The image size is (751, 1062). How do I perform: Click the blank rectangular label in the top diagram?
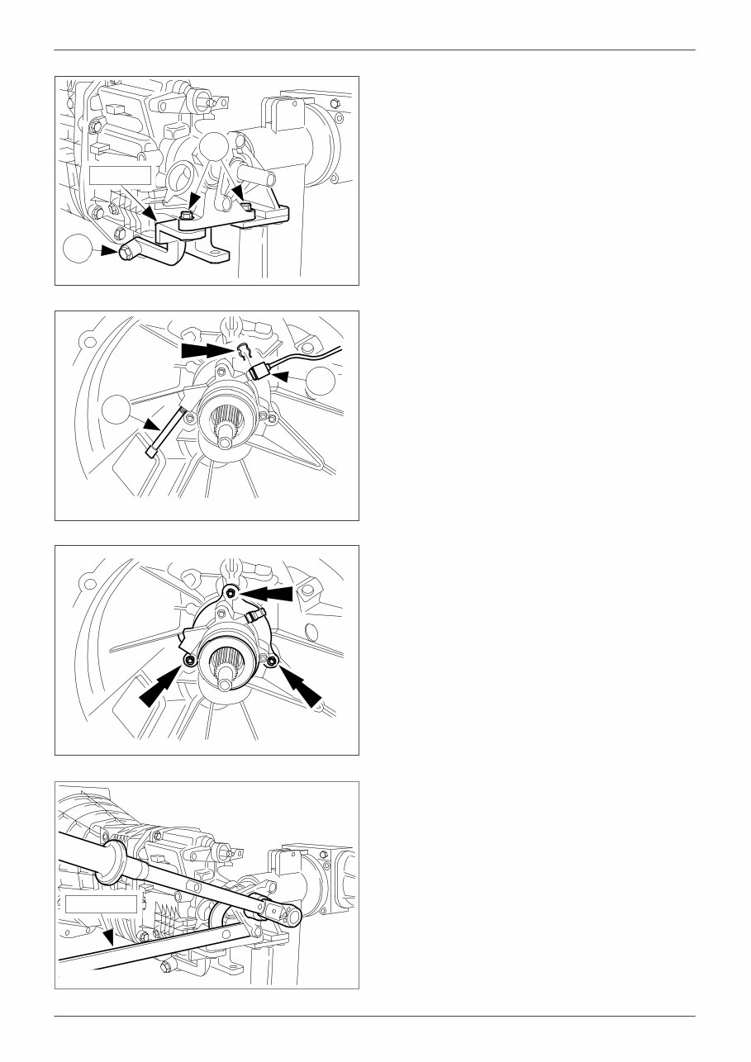tap(120, 174)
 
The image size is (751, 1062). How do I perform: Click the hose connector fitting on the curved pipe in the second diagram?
tap(259, 371)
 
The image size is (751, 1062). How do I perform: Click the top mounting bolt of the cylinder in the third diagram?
tap(231, 593)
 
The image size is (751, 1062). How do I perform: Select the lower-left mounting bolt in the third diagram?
tap(191, 661)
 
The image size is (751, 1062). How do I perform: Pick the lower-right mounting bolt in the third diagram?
tap(270, 661)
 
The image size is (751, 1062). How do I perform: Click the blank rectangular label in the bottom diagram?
tap(101, 903)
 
